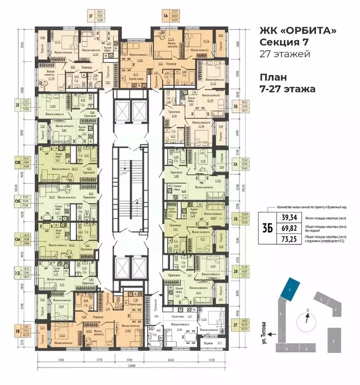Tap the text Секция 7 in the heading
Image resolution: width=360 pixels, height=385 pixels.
283,44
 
